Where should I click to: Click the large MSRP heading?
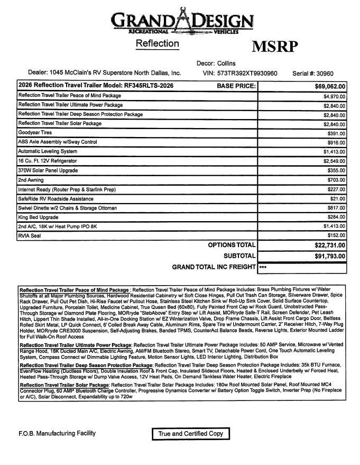[x=274, y=47]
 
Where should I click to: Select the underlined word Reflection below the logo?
[x=157, y=43]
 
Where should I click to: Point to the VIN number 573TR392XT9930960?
[x=247, y=74]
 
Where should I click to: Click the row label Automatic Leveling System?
[x=48, y=151]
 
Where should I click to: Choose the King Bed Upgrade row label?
[x=38, y=217]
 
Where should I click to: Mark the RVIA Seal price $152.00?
[x=335, y=236]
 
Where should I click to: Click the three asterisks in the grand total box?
[x=263, y=268]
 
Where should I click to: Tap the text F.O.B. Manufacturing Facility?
[x=57, y=433]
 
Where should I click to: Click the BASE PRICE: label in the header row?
[x=236, y=86]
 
